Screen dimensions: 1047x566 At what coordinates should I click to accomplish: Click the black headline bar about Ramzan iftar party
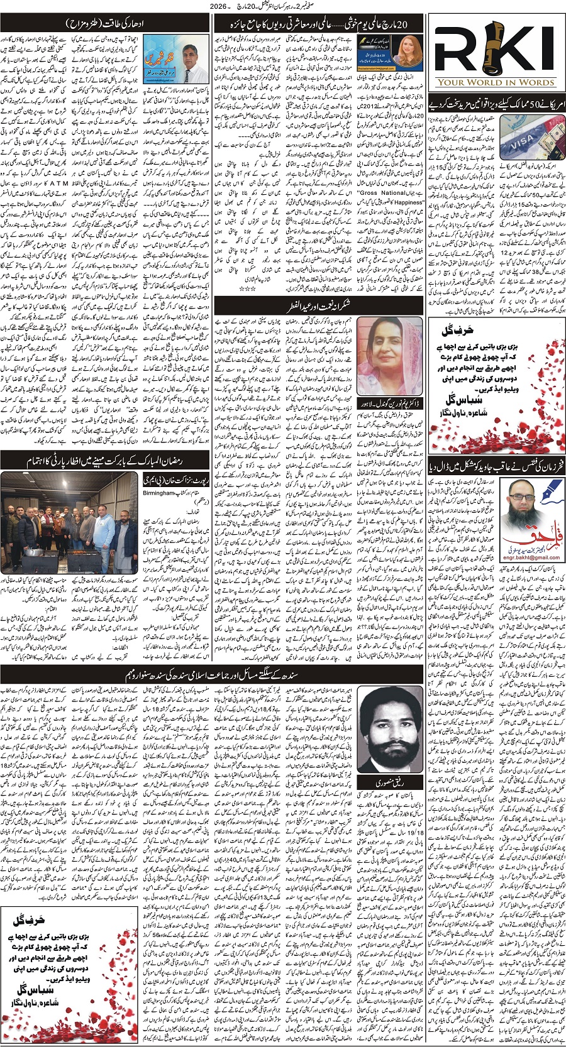coord(106,461)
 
